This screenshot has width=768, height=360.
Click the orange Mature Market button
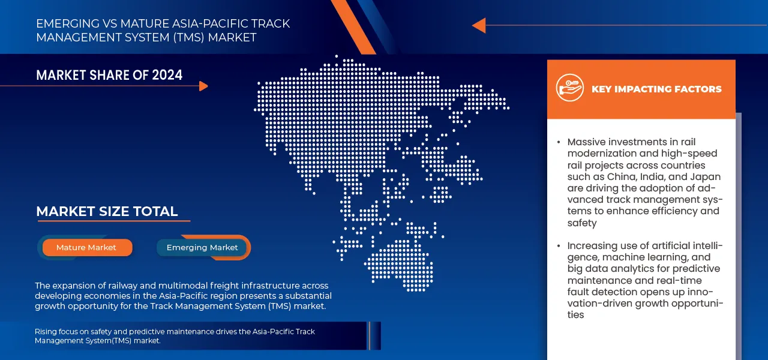coord(86,247)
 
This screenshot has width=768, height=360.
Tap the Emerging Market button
coord(202,247)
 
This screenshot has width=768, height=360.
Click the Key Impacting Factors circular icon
coord(569,88)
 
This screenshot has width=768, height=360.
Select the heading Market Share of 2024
coord(109,75)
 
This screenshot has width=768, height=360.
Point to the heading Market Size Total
coord(107,211)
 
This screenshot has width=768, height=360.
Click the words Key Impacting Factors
coord(656,89)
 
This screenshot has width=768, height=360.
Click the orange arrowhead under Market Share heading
coord(203,86)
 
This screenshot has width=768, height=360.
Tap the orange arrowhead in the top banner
coord(478,25)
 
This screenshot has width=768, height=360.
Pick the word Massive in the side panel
coord(587,142)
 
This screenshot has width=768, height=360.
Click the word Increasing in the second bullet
coord(592,246)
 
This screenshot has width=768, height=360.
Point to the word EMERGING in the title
coord(67,24)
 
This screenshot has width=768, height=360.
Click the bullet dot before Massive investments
coord(559,142)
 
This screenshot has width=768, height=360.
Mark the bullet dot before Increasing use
coord(559,246)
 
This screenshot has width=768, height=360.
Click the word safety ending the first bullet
coord(582,223)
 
